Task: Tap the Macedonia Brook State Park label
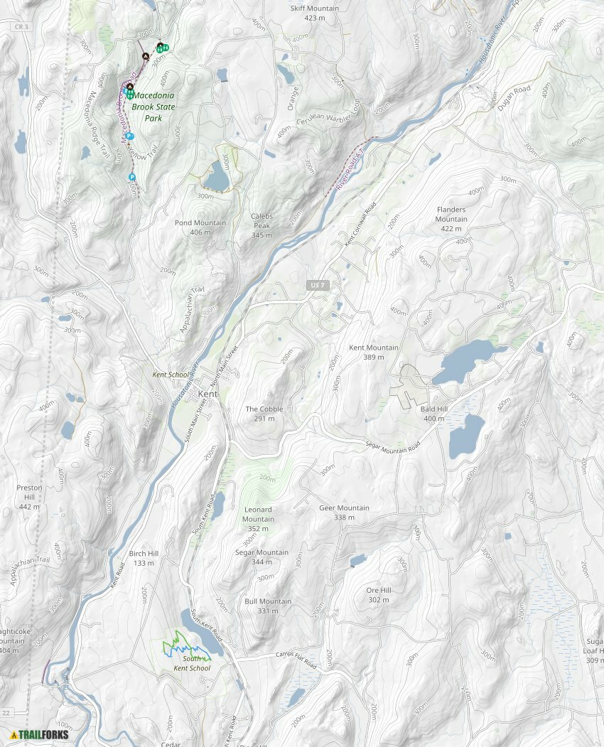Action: point(153,107)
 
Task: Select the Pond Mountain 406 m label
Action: point(200,227)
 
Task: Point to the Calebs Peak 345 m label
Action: point(261,225)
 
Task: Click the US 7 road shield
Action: point(318,285)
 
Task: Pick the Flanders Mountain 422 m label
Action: point(451,215)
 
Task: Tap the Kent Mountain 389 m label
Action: point(373,353)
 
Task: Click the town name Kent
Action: point(207,394)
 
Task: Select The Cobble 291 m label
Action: point(264,414)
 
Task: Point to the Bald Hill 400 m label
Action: point(433,414)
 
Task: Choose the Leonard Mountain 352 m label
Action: point(258,519)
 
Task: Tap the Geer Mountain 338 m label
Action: point(344,512)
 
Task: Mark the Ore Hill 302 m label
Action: point(378,595)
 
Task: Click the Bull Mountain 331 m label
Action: point(268,606)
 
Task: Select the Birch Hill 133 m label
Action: point(144,558)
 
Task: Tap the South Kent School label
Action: point(192,664)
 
